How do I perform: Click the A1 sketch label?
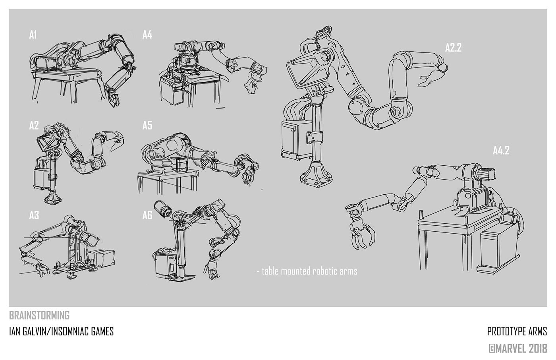pyautogui.click(x=33, y=35)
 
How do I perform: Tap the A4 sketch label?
pyautogui.click(x=147, y=35)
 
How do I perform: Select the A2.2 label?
pyautogui.click(x=453, y=48)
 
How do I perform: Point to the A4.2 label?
pyautogui.click(x=501, y=151)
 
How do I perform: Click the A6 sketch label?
pyautogui.click(x=147, y=215)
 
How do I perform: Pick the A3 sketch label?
pyautogui.click(x=34, y=215)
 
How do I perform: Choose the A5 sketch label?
pyautogui.click(x=147, y=126)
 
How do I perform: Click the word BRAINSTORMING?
pyautogui.click(x=39, y=315)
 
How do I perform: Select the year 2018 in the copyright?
pyautogui.click(x=537, y=348)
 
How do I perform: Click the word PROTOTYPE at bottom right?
pyautogui.click(x=505, y=331)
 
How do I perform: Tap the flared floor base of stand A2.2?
pyautogui.click(x=317, y=174)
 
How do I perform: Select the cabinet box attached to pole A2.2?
pyautogui.click(x=297, y=140)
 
